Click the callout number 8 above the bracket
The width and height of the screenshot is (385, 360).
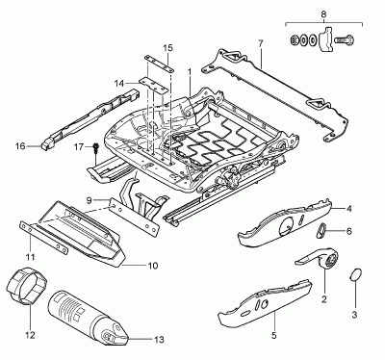pyautogui.click(x=323, y=13)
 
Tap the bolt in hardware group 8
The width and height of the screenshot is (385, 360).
pyautogui.click(x=344, y=39)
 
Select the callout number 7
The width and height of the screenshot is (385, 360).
pyautogui.click(x=260, y=44)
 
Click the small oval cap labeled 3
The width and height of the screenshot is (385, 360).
pyautogui.click(x=355, y=275)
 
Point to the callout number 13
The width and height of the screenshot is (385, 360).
pyautogui.click(x=159, y=339)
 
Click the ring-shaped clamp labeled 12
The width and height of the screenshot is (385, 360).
pyautogui.click(x=27, y=285)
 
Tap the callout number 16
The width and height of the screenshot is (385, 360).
pyautogui.click(x=20, y=146)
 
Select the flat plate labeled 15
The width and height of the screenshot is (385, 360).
pyautogui.click(x=159, y=62)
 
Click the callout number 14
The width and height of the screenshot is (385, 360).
pyautogui.click(x=119, y=84)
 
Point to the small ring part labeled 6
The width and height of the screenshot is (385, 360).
pyautogui.click(x=321, y=231)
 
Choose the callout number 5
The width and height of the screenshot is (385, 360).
pyautogui.click(x=273, y=336)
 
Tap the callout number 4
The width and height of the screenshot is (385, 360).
pyautogui.click(x=348, y=209)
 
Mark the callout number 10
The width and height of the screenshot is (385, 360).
pyautogui.click(x=153, y=266)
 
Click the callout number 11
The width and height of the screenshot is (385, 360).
pyautogui.click(x=30, y=257)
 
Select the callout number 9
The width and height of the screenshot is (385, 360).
pyautogui.click(x=90, y=200)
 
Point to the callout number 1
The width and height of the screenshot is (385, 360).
pyautogui.click(x=190, y=71)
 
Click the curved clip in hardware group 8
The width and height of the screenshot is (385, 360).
pyautogui.click(x=326, y=39)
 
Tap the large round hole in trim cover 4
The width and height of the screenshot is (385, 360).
pyautogui.click(x=287, y=226)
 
